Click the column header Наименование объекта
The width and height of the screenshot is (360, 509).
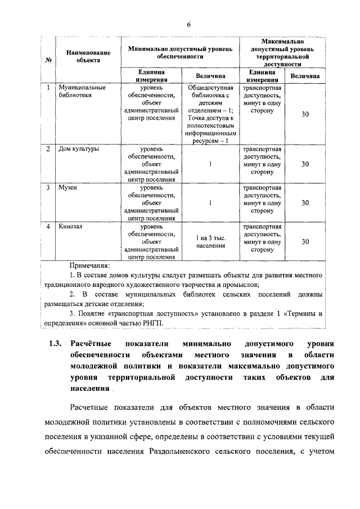84,56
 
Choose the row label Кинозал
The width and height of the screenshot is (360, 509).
71,226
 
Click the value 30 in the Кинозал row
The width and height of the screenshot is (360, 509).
305,241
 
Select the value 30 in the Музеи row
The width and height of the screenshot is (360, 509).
305,202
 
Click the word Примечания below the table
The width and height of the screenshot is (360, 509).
89,265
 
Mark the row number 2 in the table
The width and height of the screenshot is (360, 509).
48,149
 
